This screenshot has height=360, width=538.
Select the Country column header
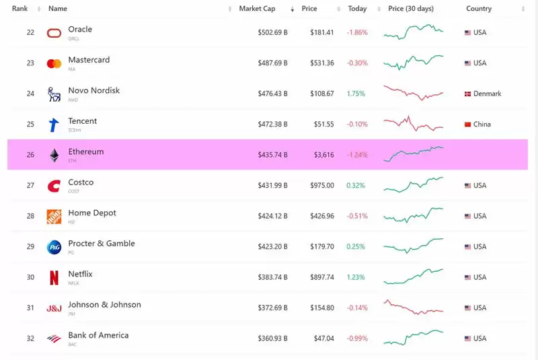479,9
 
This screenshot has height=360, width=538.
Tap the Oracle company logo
54,33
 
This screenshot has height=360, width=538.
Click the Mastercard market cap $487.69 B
272,63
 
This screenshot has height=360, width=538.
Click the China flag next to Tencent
467,124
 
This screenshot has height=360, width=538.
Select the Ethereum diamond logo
54,155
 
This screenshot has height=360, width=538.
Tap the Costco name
81,182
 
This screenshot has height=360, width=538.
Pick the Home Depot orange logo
54,216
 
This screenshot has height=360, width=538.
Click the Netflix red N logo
54,277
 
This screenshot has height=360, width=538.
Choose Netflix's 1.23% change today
356,277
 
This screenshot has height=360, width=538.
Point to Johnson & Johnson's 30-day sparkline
413,308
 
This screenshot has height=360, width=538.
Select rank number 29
30,247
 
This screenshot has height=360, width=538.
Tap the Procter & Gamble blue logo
54,247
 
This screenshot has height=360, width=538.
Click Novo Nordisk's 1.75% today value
356,94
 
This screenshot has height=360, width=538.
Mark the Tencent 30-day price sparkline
413,124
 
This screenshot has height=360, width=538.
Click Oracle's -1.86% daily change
357,32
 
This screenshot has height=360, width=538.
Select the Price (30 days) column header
411,9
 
